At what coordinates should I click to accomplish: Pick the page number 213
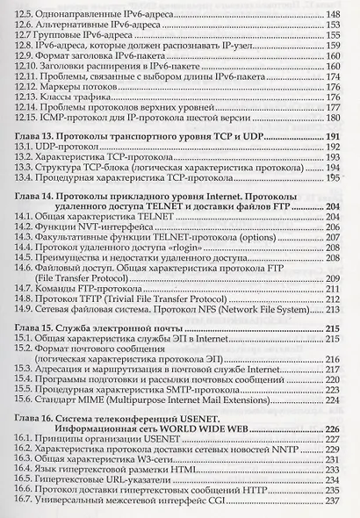335,309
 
